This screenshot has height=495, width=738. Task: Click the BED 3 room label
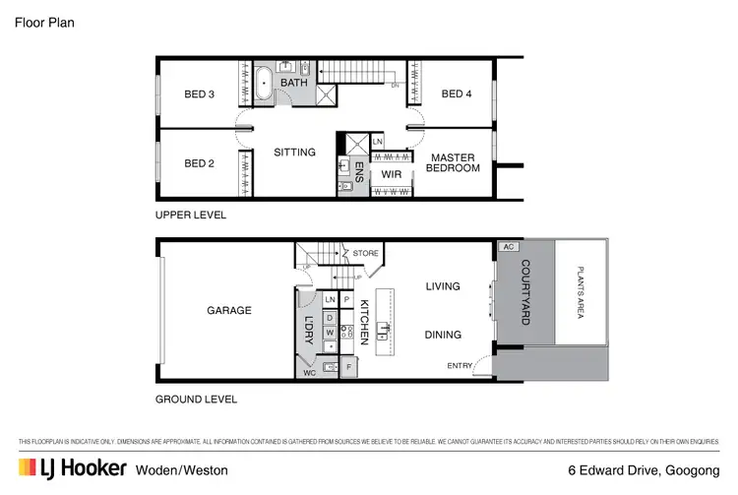coord(200,94)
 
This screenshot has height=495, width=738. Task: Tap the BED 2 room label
coord(200,163)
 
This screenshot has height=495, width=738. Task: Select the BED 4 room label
coord(457,94)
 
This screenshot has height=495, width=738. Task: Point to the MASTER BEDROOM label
coord(453,163)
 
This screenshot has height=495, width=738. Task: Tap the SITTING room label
coord(294,153)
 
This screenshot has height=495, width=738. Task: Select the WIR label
coord(392,174)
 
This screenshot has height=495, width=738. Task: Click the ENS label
coord(359,173)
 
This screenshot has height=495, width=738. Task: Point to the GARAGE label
coord(229,310)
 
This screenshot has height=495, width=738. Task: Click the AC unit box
coord(509,247)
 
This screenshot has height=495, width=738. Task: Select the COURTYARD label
coord(524,291)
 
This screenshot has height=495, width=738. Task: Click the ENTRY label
coord(460,366)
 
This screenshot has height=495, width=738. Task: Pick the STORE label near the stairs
coord(366,253)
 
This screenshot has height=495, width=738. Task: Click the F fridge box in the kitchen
coord(348,367)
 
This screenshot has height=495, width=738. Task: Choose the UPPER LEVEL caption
coord(191,215)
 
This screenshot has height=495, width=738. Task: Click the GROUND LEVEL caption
coord(197,400)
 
